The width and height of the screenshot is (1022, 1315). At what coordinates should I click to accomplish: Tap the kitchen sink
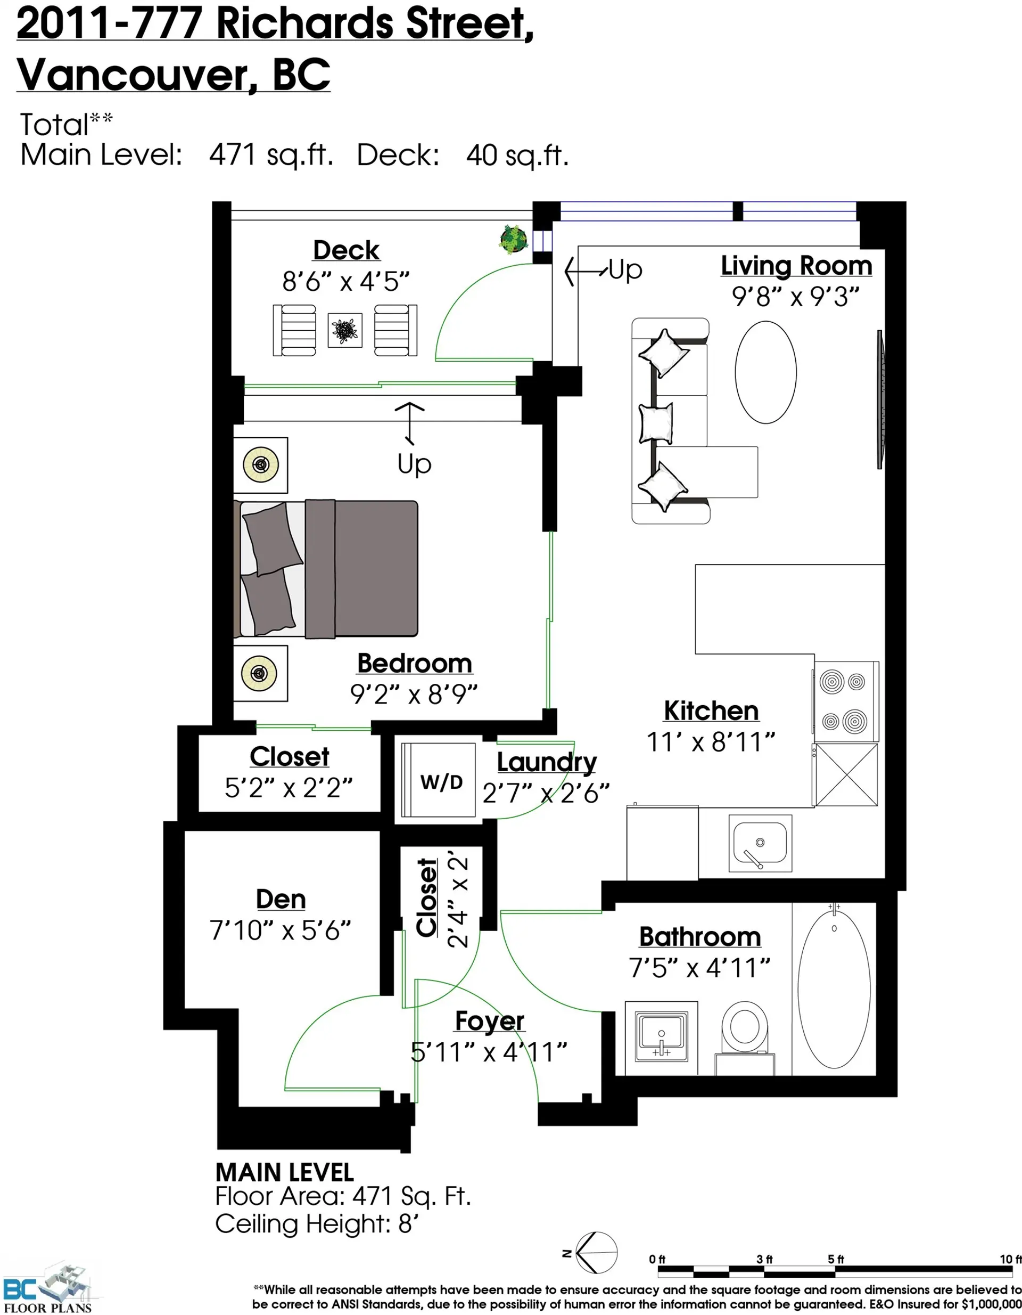[x=760, y=843]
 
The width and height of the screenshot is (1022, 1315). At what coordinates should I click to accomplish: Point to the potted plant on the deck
[x=514, y=239]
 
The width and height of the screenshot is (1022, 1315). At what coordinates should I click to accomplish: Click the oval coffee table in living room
[x=765, y=372]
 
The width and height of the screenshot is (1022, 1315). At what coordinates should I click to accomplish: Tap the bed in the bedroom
[x=328, y=568]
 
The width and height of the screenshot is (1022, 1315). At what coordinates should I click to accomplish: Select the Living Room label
[x=796, y=266]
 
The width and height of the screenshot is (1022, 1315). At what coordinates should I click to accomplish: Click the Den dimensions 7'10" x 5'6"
[x=280, y=930]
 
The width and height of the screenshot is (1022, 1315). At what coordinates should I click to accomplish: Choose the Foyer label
[x=489, y=1021]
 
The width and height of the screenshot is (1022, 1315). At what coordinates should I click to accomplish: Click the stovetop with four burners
[x=846, y=701]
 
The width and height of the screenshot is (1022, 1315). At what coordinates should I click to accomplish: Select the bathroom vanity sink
[x=661, y=1038]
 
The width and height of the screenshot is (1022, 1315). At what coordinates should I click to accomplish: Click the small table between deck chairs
[x=345, y=330]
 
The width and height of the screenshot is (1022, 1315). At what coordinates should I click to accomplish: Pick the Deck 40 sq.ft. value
[x=516, y=156]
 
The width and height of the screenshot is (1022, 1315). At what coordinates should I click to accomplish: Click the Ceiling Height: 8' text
[x=317, y=1224]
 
